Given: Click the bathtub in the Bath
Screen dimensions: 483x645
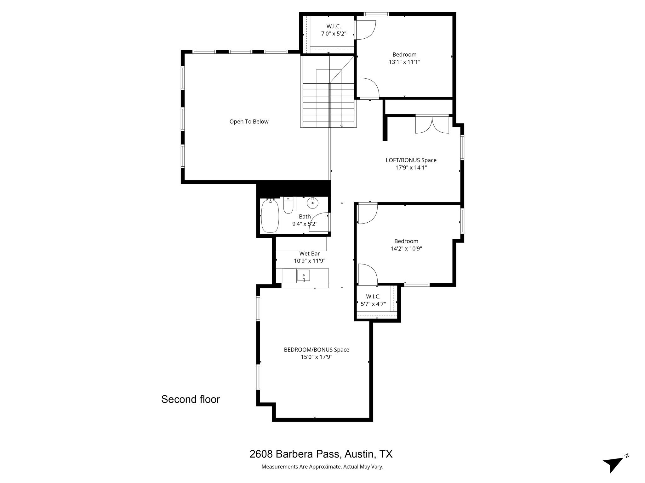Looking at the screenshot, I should click(270, 216).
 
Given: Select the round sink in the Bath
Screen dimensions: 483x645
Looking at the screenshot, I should click(312, 203).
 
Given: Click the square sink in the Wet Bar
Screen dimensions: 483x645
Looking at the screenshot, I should click(303, 275).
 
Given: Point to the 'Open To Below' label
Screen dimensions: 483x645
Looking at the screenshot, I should click(249, 122).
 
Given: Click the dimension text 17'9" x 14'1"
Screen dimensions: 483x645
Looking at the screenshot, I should click(411, 168).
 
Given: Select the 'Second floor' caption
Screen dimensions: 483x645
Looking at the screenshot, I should click(191, 399).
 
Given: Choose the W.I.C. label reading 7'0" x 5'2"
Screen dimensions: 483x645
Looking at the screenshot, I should click(334, 34).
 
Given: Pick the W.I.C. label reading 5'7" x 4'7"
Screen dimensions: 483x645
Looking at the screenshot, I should click(373, 304).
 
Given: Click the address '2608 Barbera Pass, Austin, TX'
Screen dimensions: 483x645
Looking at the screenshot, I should click(321, 454).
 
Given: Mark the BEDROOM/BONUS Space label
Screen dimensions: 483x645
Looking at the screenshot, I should click(317, 350).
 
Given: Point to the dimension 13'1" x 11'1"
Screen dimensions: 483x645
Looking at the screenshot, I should click(404, 62).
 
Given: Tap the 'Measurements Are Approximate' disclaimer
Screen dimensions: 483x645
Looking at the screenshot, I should click(322, 467).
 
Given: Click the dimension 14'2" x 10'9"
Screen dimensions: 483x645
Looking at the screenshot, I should click(406, 249).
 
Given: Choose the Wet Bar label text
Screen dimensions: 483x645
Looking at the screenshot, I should click(310, 253).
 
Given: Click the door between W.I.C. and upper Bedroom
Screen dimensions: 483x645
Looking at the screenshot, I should click(365, 30).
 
